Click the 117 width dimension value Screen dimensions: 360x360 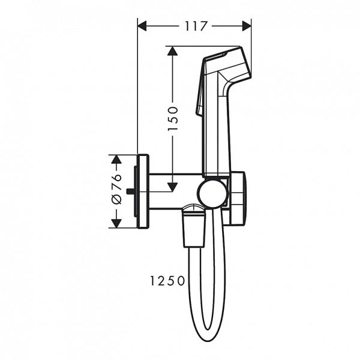tap(196, 26)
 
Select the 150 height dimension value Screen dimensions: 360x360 tap(173, 118)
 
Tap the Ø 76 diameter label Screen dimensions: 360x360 tap(116, 189)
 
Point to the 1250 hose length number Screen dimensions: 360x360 tap(167, 280)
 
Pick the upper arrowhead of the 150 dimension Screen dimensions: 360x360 tap(172, 50)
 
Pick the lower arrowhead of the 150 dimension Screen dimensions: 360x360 tap(172, 187)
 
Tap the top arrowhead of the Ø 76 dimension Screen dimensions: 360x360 tap(116, 159)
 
